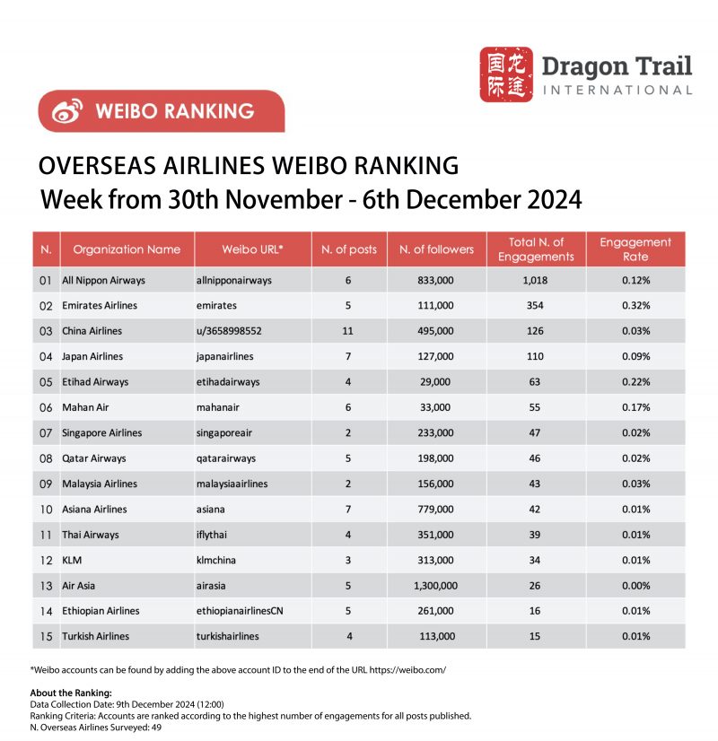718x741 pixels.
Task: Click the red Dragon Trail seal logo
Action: (x=506, y=74)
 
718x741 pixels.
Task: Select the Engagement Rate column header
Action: (x=635, y=249)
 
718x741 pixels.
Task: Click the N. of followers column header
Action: (x=436, y=249)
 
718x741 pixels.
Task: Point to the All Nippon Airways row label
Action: (x=103, y=281)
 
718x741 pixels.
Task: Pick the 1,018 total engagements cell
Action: (x=536, y=281)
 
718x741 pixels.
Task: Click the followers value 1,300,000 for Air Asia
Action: (x=436, y=586)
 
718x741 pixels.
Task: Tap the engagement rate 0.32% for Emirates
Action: (x=635, y=306)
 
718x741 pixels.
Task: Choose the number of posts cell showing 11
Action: (x=349, y=331)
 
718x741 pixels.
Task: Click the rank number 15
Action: (x=46, y=636)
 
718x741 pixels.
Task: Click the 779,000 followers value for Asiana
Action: (x=436, y=510)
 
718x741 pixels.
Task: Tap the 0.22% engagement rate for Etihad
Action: (x=635, y=382)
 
